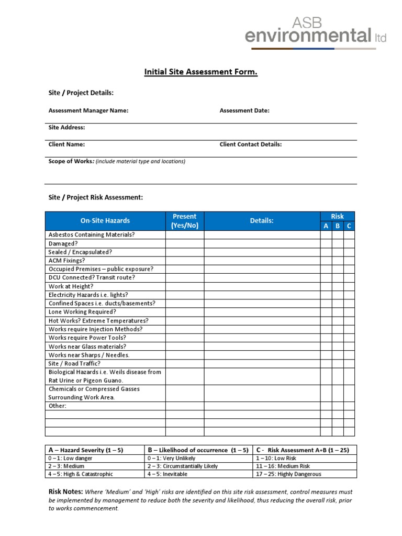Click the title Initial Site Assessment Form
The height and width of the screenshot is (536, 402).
[201, 72]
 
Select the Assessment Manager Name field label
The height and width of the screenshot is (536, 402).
[88, 110]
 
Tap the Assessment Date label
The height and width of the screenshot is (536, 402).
[244, 110]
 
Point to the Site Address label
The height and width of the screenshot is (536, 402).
[66, 127]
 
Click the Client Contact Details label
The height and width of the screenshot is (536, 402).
[250, 144]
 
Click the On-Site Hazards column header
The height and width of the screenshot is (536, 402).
[105, 221]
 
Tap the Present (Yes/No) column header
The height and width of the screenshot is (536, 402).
[184, 221]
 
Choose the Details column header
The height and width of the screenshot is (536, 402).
[262, 221]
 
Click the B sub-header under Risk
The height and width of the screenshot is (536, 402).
[338, 226]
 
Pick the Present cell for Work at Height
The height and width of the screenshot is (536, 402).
[184, 286]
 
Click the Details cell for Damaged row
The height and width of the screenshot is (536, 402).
[262, 243]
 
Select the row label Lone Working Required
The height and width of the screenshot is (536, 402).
[82, 312]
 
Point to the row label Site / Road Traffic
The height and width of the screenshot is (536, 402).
[74, 363]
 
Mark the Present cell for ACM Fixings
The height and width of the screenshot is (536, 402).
[184, 261]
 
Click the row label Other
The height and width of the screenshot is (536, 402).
[58, 406]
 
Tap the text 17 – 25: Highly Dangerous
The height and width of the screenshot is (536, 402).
[288, 474]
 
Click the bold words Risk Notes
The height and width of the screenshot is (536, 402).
[65, 492]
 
